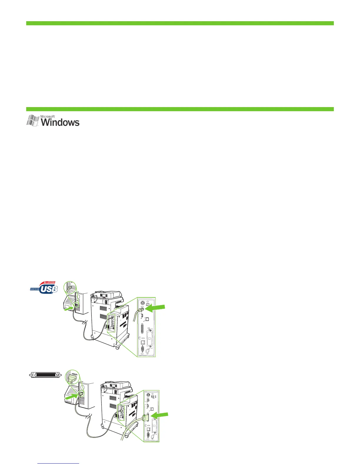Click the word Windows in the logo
(60, 122)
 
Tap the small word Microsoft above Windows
(48, 116)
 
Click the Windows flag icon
(33, 121)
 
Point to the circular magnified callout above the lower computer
(72, 378)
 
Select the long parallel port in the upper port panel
(143, 329)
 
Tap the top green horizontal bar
(180, 23)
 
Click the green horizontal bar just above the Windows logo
(180, 109)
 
